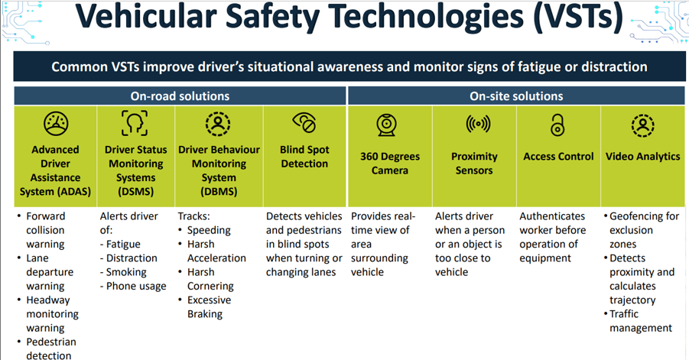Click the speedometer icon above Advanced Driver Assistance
56,123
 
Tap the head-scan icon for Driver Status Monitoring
135,123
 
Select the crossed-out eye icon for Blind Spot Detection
304,122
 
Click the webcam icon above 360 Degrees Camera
387,125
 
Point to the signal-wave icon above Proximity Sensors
478,124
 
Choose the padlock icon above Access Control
557,125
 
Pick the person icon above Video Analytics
643,125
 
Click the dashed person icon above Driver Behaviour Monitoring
218,123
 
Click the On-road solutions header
180,96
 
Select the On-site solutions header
516,96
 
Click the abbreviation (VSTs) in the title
578,18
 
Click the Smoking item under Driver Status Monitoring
123,272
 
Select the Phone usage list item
133,287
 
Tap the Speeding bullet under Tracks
204,231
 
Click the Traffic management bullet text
638,321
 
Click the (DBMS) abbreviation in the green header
219,192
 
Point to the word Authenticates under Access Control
552,216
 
